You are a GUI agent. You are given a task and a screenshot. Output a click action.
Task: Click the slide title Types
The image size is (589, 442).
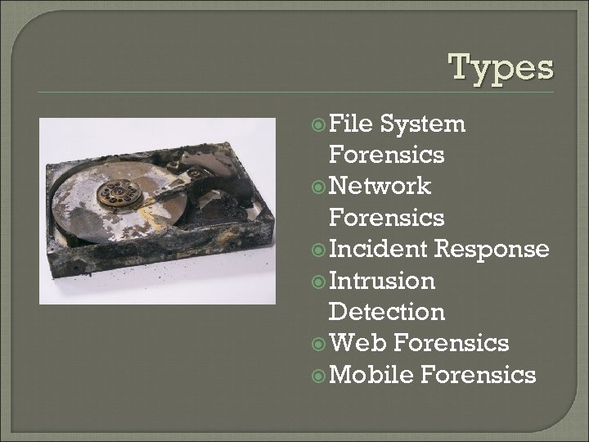pos(501,68)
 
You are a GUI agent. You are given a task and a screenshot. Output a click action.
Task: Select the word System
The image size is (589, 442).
pos(423,124)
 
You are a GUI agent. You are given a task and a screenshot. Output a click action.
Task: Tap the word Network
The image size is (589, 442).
pos(379,187)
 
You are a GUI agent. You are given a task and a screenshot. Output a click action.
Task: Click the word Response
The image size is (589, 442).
pos(492,249)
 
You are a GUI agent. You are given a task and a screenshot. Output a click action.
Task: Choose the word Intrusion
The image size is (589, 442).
pos(381,281)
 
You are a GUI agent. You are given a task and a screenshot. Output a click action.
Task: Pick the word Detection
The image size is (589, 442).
pos(386,312)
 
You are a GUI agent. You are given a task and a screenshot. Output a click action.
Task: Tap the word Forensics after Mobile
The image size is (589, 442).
pos(478,375)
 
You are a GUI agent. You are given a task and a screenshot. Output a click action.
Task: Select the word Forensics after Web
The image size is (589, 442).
pos(451,343)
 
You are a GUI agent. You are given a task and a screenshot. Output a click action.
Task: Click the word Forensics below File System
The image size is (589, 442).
pos(386,156)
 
